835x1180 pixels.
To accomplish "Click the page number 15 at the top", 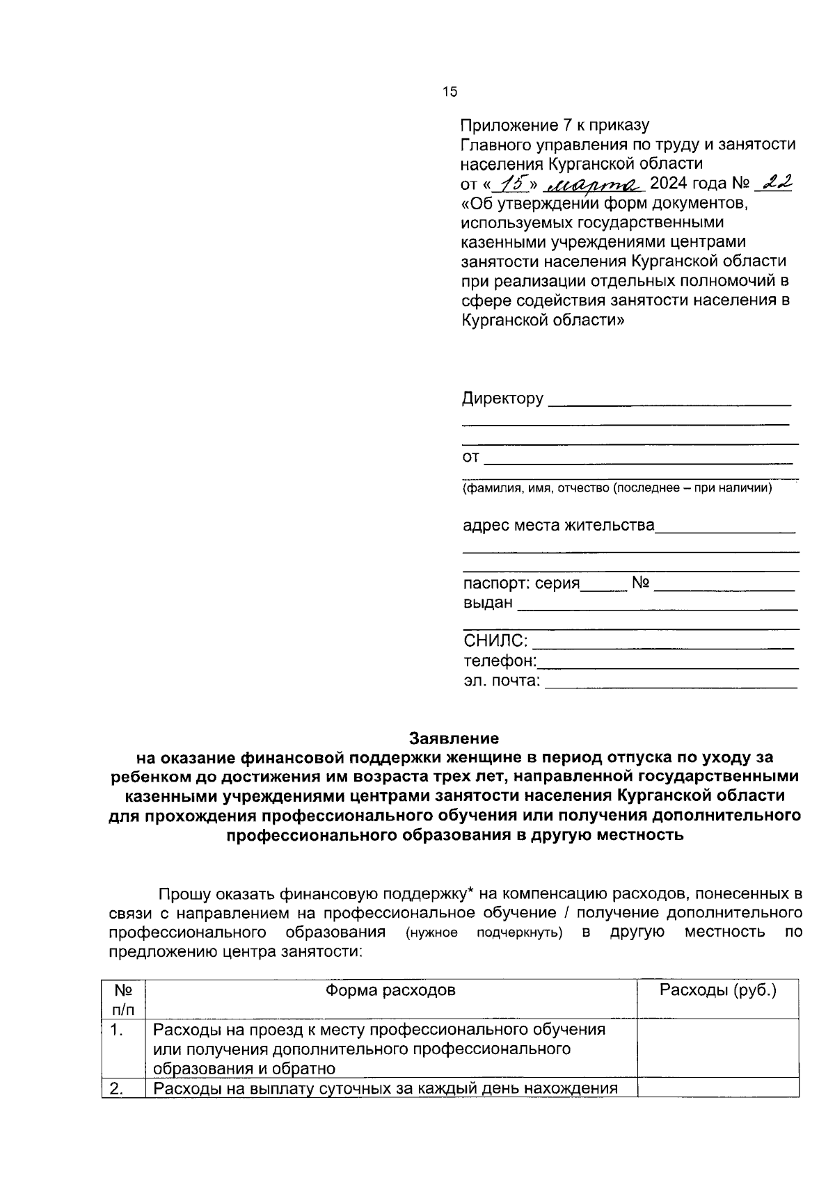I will click(450, 92).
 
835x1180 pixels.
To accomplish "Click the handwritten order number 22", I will click(777, 183).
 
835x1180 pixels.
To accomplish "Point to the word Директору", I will click(502, 399).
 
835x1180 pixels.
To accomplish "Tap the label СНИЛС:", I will click(495, 641).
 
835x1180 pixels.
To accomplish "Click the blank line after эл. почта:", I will click(671, 686).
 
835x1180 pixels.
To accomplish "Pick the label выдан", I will click(488, 602).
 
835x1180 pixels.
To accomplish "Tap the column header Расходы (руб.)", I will click(718, 989).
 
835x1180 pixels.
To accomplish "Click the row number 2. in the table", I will click(117, 1089).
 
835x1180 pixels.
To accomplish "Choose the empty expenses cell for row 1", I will click(718, 1048).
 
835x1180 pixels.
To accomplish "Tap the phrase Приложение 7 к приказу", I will click(555, 126).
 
